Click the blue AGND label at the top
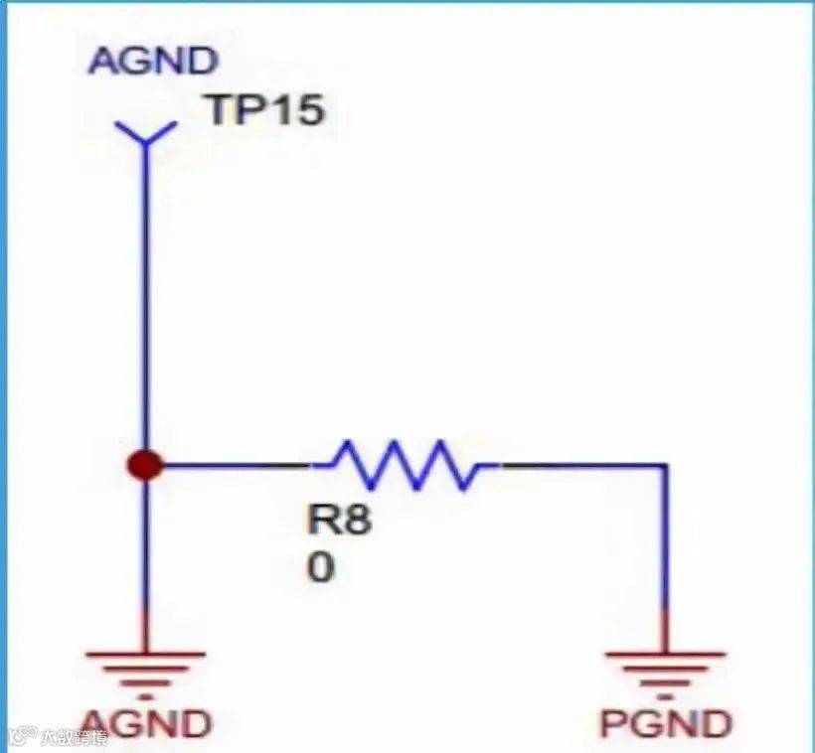pos(152,61)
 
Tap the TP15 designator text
pos(264,109)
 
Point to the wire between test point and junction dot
pos(146,298)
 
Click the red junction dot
pos(146,464)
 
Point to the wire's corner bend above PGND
pos(665,465)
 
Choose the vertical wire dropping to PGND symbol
pos(665,556)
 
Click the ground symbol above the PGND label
pos(665,668)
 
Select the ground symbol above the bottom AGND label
pos(146,668)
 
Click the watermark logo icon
pos(22,737)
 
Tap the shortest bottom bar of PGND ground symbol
pos(665,685)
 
